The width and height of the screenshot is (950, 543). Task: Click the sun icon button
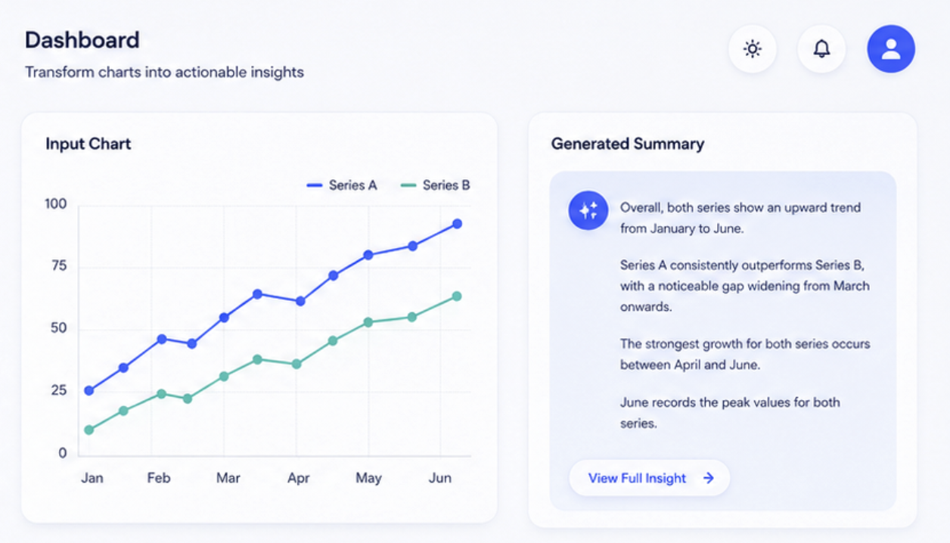click(753, 48)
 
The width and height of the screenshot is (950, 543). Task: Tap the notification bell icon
click(821, 48)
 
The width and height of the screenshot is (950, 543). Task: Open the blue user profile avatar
click(891, 48)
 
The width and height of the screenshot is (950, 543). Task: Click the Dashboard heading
click(82, 40)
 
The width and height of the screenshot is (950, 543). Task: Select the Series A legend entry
click(342, 185)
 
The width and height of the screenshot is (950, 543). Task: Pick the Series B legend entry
click(435, 185)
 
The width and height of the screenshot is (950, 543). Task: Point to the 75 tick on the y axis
click(59, 265)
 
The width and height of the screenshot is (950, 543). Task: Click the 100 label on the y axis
click(56, 204)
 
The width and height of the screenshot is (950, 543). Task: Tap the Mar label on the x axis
click(228, 478)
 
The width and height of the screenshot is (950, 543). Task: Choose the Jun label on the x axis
click(439, 478)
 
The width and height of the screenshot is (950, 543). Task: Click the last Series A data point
click(457, 224)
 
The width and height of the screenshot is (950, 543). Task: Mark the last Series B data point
click(457, 296)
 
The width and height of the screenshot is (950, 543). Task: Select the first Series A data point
click(89, 390)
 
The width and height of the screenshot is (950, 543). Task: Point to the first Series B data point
click(89, 430)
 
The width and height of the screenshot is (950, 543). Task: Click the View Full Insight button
click(649, 478)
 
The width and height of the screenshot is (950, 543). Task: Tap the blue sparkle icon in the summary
click(588, 211)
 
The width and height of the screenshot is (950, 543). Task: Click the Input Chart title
click(88, 144)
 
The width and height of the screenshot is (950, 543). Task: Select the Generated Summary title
click(628, 144)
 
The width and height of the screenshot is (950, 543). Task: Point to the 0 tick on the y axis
click(63, 453)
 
